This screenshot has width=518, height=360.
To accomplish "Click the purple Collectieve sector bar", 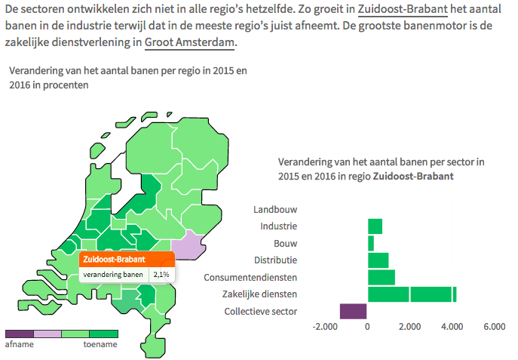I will point(353,311).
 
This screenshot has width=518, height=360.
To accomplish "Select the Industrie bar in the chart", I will point(375,226).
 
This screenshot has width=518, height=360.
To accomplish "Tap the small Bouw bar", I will point(371,243).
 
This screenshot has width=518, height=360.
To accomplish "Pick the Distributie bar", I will point(378,260).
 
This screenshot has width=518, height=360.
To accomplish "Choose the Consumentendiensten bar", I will point(382,277).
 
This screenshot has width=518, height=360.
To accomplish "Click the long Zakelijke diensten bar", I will point(412,294).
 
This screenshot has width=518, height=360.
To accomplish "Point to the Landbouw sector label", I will point(275,209).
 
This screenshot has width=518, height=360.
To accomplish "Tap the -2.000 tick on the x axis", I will point(324,327).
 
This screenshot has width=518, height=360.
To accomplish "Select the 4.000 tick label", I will point(451,327).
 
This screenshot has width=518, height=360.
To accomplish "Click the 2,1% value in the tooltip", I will point(161,274).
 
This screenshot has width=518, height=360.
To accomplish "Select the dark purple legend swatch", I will point(19,333).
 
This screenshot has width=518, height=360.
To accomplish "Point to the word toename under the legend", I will point(100,344).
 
